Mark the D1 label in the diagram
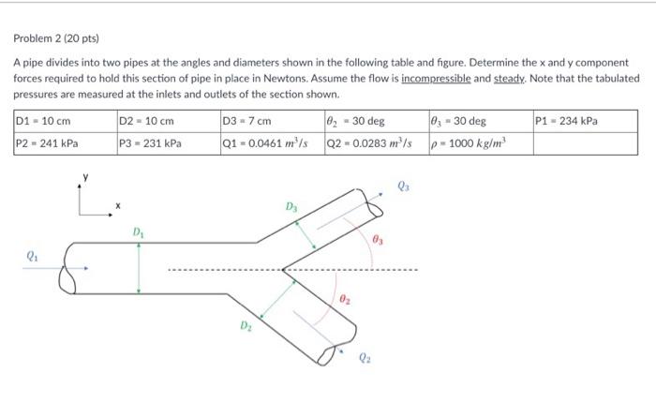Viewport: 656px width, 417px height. pyautogui.click(x=138, y=232)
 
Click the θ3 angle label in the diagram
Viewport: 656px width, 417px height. pyautogui.click(x=379, y=242)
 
